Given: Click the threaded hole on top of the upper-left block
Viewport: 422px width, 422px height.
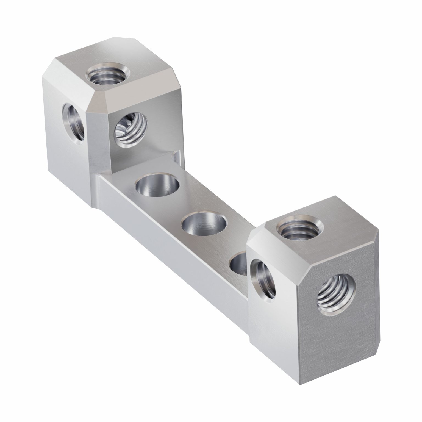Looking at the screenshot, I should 108,74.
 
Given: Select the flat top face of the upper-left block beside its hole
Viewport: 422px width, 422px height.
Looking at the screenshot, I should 137,63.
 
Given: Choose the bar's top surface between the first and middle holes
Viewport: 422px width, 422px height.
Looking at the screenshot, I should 181,205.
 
